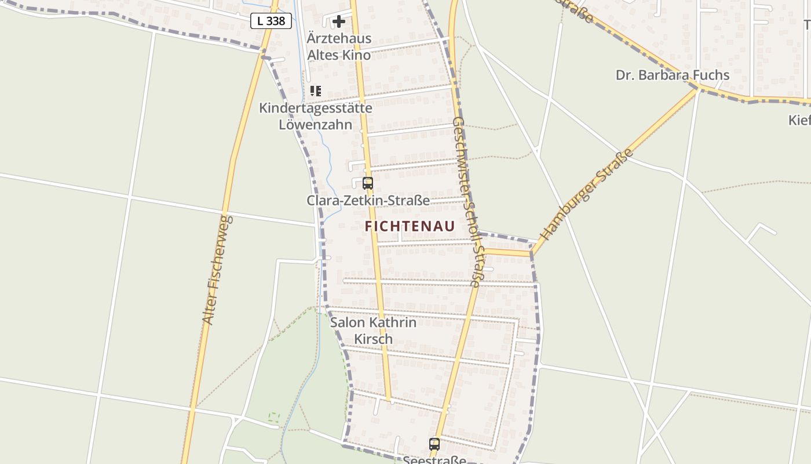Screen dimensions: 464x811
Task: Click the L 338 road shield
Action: click(x=271, y=21)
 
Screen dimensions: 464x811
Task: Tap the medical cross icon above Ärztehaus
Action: click(x=339, y=21)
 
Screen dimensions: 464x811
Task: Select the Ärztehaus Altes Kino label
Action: click(x=339, y=47)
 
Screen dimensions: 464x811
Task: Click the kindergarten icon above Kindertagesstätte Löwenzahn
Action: click(x=316, y=91)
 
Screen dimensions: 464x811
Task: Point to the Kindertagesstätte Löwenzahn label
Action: click(x=316, y=116)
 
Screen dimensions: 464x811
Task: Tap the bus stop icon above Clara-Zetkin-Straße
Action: click(x=368, y=183)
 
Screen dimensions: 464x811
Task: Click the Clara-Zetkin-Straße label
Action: click(x=368, y=201)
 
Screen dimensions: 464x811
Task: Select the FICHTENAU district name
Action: click(x=410, y=227)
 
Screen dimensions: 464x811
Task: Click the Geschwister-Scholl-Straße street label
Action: click(x=467, y=202)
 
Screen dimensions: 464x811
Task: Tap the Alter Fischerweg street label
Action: click(x=217, y=270)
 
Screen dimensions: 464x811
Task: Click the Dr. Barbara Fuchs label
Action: click(x=672, y=75)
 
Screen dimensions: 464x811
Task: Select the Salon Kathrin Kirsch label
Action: click(x=373, y=331)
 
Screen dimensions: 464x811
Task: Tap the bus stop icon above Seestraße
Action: click(x=434, y=444)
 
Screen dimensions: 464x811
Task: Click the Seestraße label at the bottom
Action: click(x=434, y=460)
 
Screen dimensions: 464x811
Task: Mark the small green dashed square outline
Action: click(x=274, y=416)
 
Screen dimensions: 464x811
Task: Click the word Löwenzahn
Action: click(x=316, y=125)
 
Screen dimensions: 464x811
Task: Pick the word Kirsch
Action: click(x=373, y=339)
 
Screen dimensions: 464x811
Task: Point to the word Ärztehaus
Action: click(x=339, y=39)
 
